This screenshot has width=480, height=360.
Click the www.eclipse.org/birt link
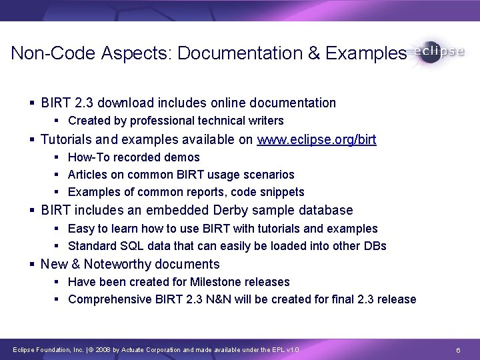(x=317, y=139)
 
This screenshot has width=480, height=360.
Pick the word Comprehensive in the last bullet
(x=105, y=299)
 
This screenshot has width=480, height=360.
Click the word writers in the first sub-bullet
(x=266, y=121)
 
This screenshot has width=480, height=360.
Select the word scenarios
(x=269, y=175)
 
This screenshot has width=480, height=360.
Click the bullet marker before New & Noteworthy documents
(x=33, y=264)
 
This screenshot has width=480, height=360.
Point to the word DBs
(x=374, y=245)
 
